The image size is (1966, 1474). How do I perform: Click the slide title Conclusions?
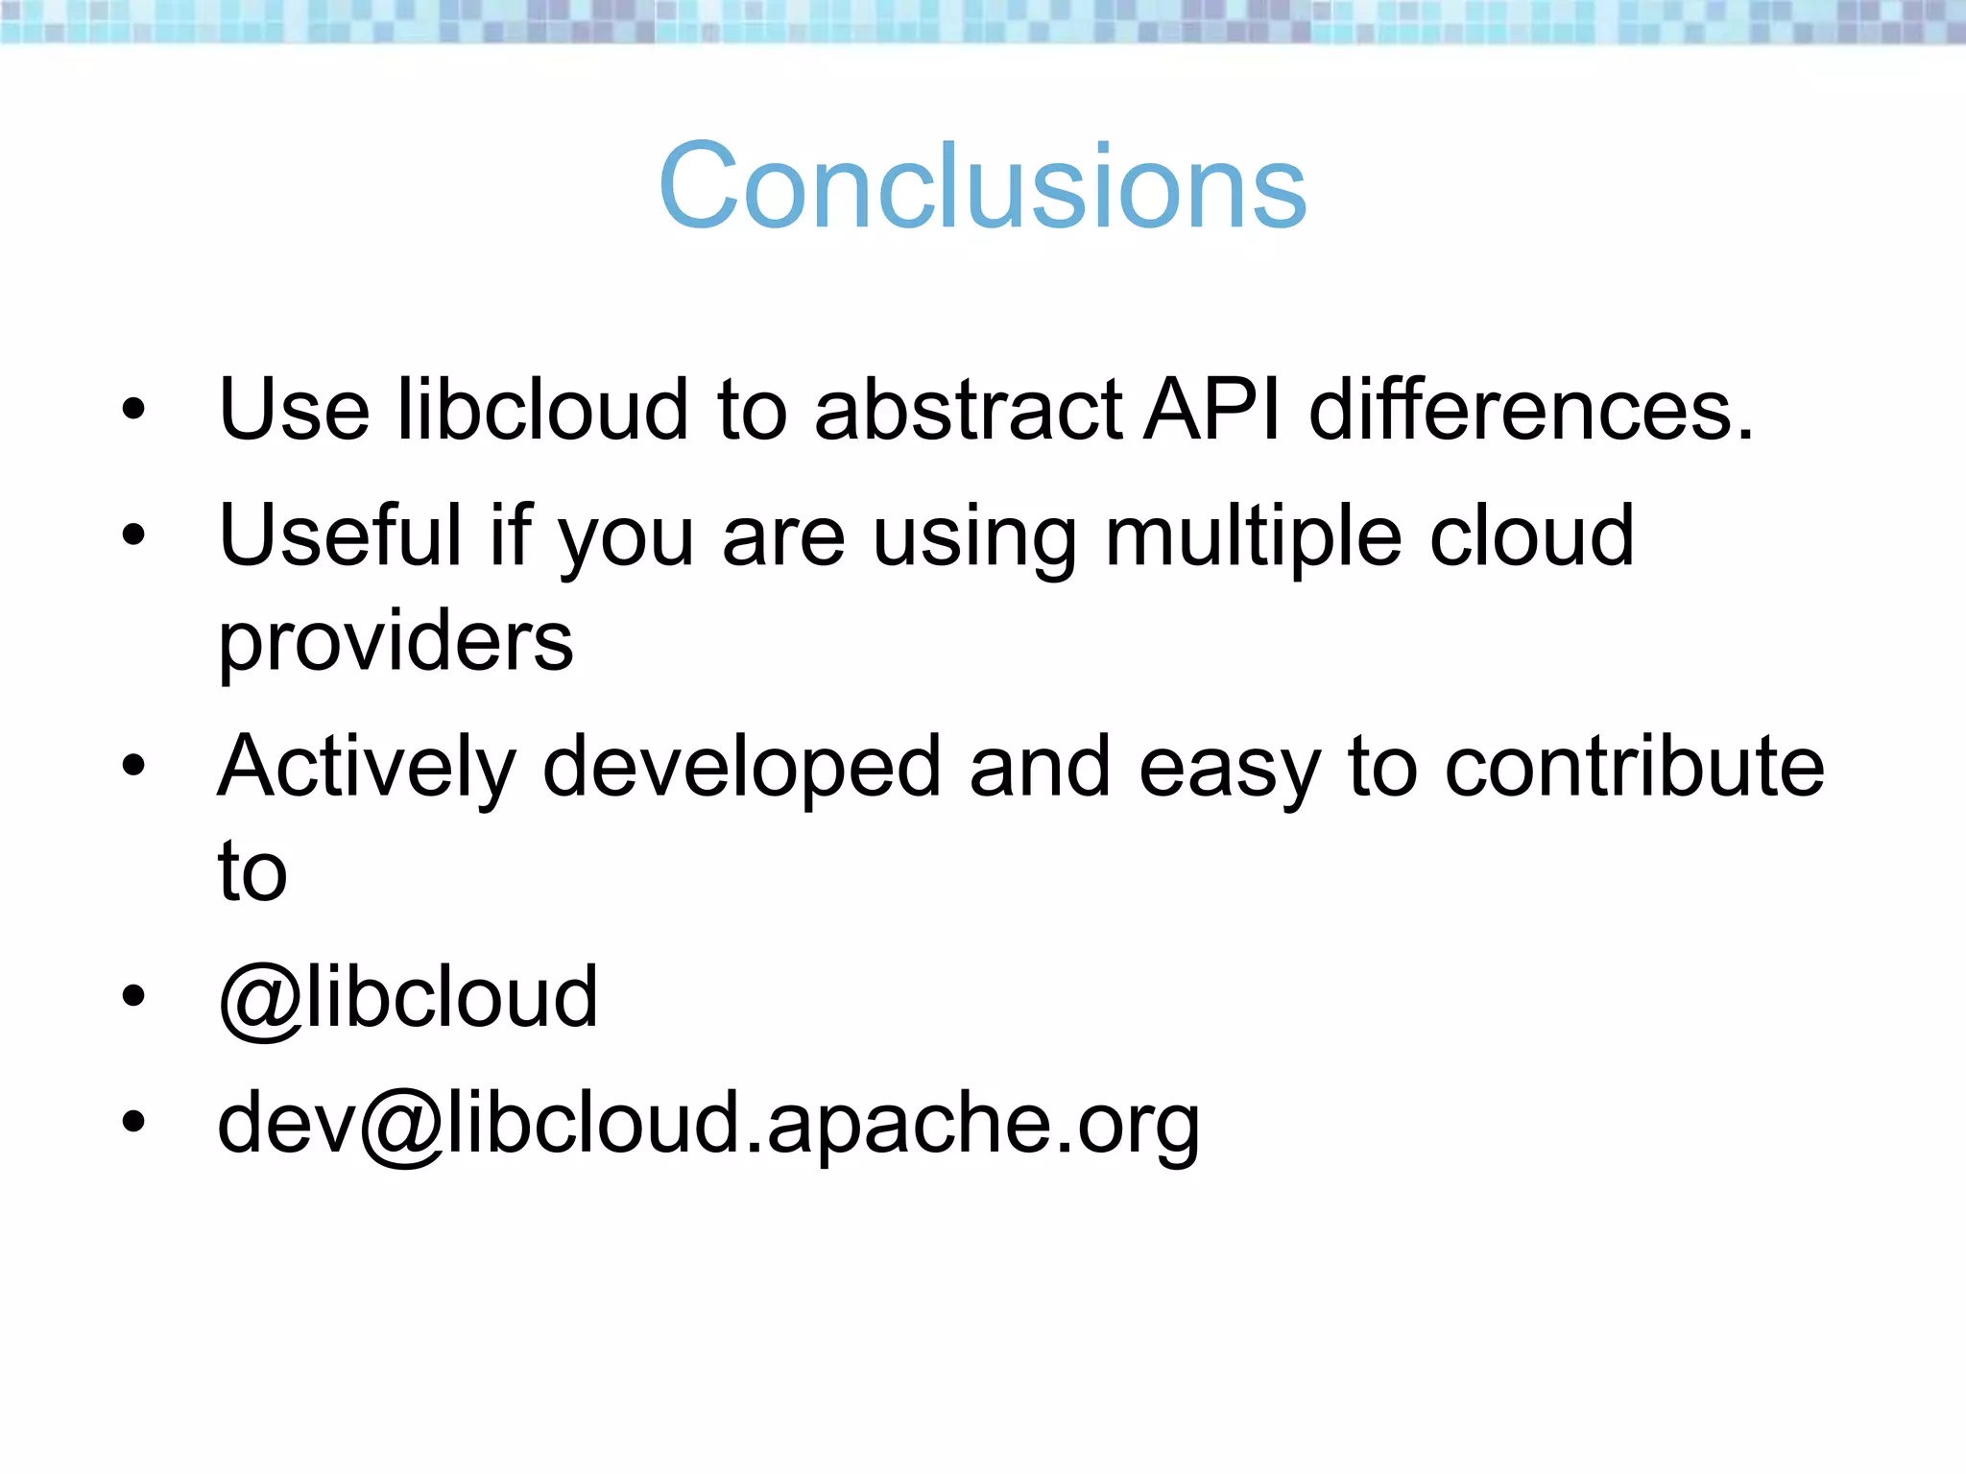[982, 186]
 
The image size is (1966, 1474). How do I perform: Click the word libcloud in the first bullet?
[543, 410]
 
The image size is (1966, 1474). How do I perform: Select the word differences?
[1531, 410]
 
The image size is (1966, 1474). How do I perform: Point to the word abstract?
[968, 410]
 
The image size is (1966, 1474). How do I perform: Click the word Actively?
[367, 768]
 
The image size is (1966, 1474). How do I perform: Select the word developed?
[741, 768]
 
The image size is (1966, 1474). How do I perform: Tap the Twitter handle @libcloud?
[408, 998]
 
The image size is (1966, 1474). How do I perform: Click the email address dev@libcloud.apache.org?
[708, 1125]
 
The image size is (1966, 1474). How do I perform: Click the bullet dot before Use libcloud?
[133, 410]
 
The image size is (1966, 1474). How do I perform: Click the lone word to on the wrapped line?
[252, 871]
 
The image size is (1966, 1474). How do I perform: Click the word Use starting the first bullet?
[294, 410]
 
